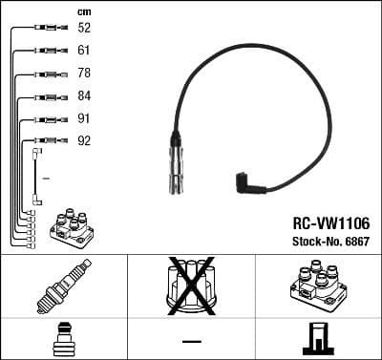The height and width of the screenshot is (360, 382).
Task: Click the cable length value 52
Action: [84, 29]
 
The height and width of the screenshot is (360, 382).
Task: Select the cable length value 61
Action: [84, 51]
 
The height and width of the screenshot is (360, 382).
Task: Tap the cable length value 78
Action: [84, 74]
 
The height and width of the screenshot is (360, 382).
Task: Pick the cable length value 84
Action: [84, 96]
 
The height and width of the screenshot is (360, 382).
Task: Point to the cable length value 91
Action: [84, 119]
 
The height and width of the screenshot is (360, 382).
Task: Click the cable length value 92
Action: [84, 141]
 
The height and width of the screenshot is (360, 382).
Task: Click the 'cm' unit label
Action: [84, 11]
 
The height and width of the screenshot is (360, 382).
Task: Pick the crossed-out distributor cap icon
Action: [191, 286]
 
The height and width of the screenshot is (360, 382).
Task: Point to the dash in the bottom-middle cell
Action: [191, 341]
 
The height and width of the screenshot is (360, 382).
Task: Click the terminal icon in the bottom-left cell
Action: [63, 340]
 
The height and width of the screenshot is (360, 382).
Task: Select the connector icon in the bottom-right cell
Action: [317, 340]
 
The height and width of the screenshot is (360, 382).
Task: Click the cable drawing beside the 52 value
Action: [44, 29]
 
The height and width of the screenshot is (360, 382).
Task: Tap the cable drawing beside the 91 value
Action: [44, 119]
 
